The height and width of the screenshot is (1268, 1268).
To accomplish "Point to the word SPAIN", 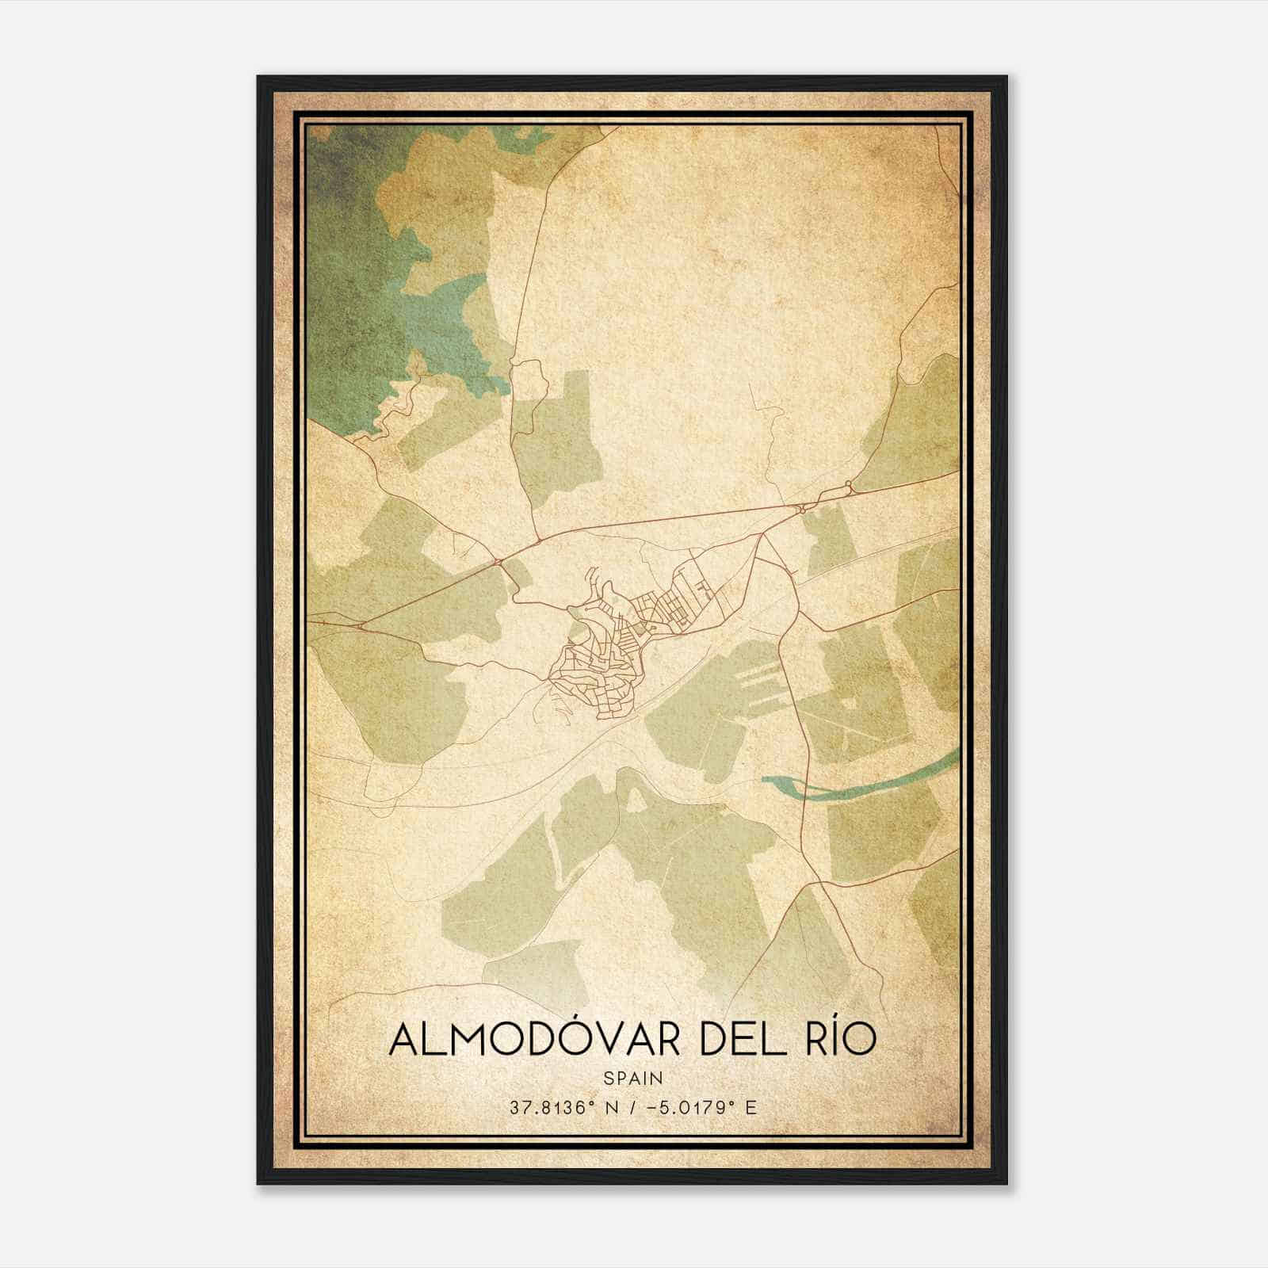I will (632, 1078).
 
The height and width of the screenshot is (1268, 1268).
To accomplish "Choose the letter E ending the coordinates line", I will (751, 1107).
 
